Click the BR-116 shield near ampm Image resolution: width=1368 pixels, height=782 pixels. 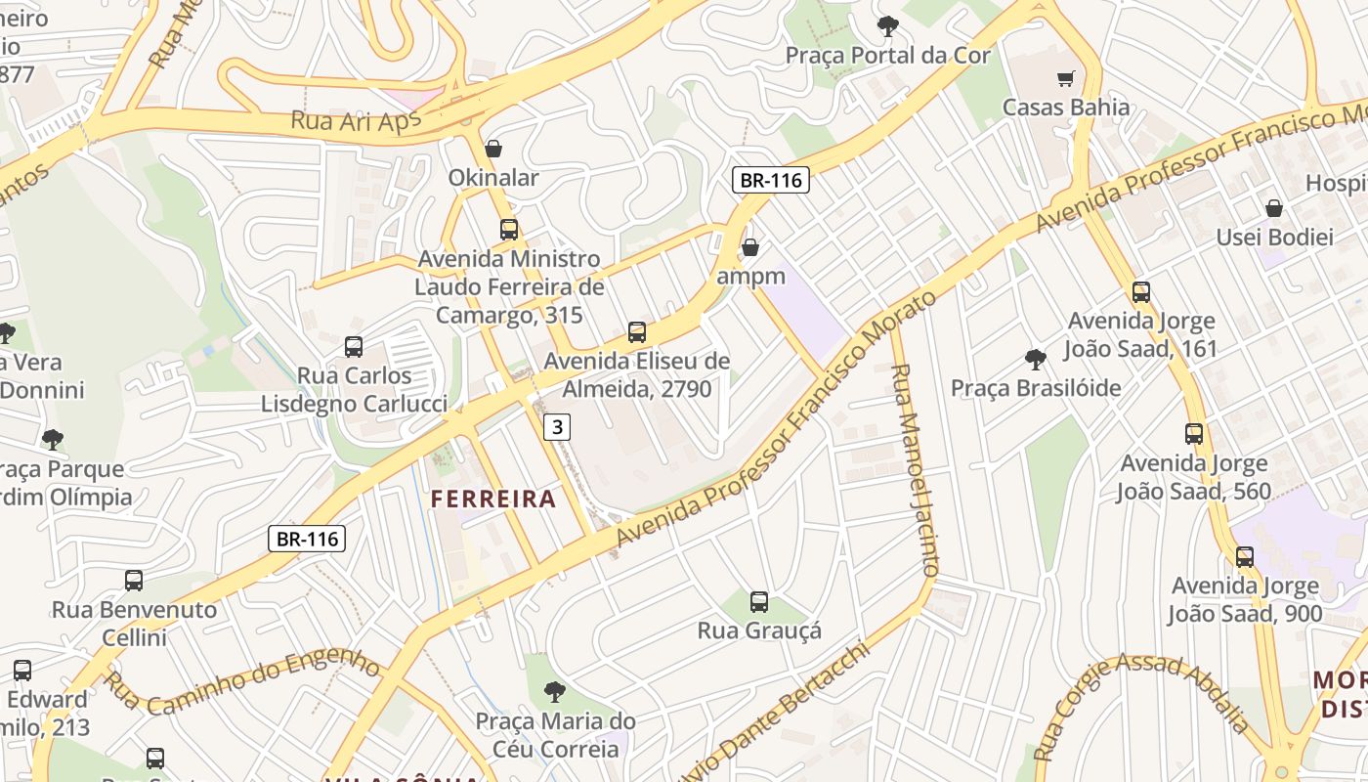[771, 180]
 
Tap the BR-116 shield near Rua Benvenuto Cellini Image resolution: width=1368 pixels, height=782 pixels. [307, 539]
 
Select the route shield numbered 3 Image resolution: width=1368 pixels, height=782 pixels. [556, 426]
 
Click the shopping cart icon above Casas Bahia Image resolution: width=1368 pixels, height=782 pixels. [1065, 78]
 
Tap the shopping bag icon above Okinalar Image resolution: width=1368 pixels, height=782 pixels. [493, 149]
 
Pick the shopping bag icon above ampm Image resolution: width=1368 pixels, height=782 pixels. [750, 247]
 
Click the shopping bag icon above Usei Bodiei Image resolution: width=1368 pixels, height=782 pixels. [1274, 208]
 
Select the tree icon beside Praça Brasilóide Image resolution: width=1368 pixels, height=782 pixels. [1036, 360]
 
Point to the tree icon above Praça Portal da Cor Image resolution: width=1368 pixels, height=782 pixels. [887, 26]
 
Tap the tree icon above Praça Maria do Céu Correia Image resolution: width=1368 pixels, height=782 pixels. [555, 692]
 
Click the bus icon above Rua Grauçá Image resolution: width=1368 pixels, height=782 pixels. [759, 602]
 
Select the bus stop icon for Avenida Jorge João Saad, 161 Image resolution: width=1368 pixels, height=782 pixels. [1141, 292]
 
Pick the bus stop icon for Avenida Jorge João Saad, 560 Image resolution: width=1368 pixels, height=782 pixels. [1194, 434]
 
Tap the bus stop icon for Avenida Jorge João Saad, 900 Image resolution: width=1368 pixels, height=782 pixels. [1245, 557]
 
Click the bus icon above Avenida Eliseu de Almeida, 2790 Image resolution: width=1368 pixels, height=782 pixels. [637, 332]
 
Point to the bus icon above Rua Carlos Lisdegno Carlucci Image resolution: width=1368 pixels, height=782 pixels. [354, 347]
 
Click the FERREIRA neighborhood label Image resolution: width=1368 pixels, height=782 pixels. [493, 500]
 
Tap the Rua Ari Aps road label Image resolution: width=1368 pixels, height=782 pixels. [356, 121]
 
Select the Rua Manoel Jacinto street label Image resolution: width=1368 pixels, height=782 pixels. [915, 469]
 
